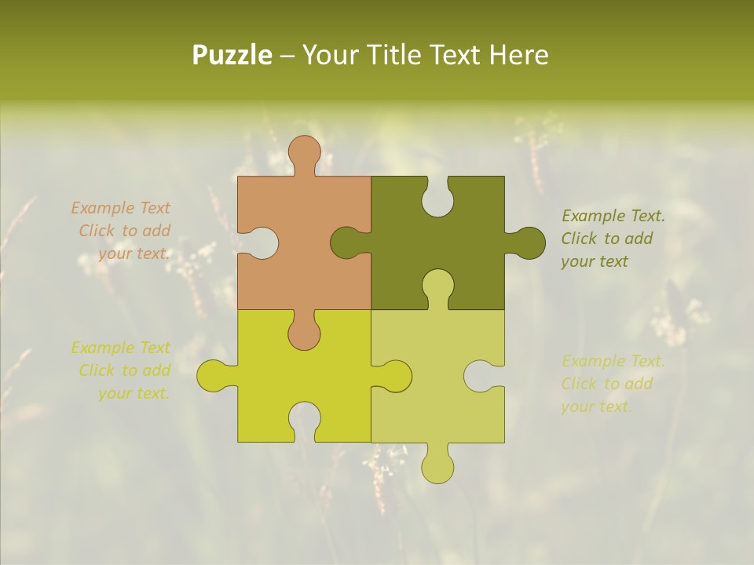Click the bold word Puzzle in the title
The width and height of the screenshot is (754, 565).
[232, 56]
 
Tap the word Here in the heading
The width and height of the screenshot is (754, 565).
[518, 56]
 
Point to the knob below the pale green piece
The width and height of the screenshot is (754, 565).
[437, 466]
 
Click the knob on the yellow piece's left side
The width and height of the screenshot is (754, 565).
[213, 375]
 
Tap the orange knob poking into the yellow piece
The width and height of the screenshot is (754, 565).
[304, 333]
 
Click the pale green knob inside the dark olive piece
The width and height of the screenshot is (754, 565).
[437, 286]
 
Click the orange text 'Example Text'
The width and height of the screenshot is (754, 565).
[120, 208]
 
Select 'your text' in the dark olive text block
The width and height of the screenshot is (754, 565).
[595, 262]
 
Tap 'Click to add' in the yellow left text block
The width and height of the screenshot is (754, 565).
[124, 370]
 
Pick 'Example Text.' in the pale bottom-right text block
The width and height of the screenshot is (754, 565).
[613, 361]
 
